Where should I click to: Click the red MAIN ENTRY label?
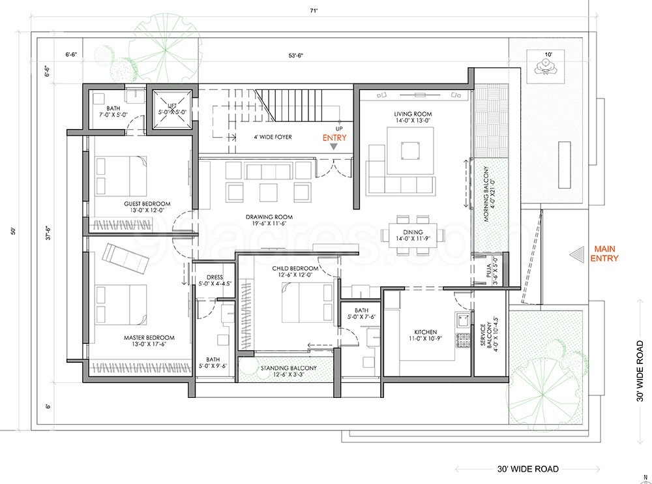pyautogui.click(x=604, y=253)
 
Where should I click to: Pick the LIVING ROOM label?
pyautogui.click(x=412, y=114)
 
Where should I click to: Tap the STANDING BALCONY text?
pyautogui.click(x=288, y=368)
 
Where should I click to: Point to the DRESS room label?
pyautogui.click(x=215, y=277)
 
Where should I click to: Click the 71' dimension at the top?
pyautogui.click(x=315, y=10)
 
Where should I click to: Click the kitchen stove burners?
pyautogui.click(x=465, y=340)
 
